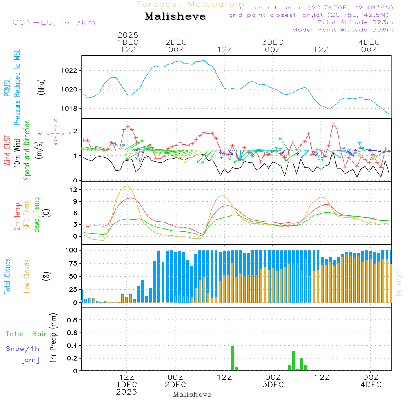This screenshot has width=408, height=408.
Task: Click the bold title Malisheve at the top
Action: (175, 16)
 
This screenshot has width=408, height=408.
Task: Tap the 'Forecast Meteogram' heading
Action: (190, 4)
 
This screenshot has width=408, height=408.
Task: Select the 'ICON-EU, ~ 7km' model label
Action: (53, 22)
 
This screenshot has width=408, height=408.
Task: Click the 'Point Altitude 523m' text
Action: (355, 22)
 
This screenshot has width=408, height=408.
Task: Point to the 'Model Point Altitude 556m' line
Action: (342, 29)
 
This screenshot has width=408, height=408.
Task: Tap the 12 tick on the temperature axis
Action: (74, 190)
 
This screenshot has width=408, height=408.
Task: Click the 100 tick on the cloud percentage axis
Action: (72, 250)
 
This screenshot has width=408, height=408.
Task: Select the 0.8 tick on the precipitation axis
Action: (72, 320)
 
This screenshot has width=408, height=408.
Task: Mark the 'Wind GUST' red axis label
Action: (7, 151)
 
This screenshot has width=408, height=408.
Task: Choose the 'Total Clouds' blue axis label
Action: (7, 276)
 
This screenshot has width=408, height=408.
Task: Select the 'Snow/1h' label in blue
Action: (23, 349)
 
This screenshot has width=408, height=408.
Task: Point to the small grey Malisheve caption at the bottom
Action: (192, 395)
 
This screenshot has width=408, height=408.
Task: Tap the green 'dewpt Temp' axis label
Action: (37, 215)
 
